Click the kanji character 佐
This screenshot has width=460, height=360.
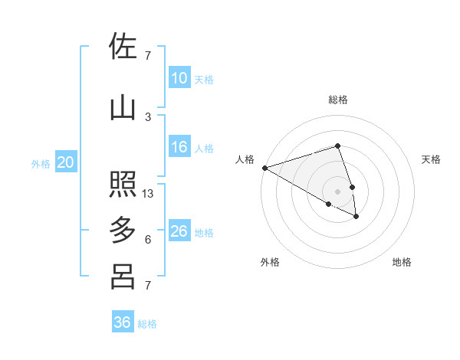point(123,46)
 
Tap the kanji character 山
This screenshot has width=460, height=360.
point(123,107)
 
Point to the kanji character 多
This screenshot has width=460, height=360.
point(123,230)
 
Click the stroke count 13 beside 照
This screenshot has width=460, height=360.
point(148,194)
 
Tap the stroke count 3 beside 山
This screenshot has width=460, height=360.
point(148,117)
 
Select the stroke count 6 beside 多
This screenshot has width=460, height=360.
point(148,240)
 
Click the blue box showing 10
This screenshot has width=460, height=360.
point(179,77)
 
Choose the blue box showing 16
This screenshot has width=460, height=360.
point(179,147)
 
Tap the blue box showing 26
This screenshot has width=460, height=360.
point(179,231)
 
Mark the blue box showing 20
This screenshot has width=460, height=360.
point(66,162)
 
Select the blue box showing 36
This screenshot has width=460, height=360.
point(123,322)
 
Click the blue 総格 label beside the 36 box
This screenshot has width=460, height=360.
point(147,324)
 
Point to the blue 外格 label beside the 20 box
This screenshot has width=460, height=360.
point(41,163)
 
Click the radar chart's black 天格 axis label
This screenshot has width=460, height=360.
point(431,159)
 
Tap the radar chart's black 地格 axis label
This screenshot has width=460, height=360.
point(402,262)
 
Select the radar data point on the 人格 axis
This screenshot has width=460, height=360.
point(264,168)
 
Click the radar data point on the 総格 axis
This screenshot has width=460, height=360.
point(337,146)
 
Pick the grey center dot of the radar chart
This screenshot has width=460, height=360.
point(337,191)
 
